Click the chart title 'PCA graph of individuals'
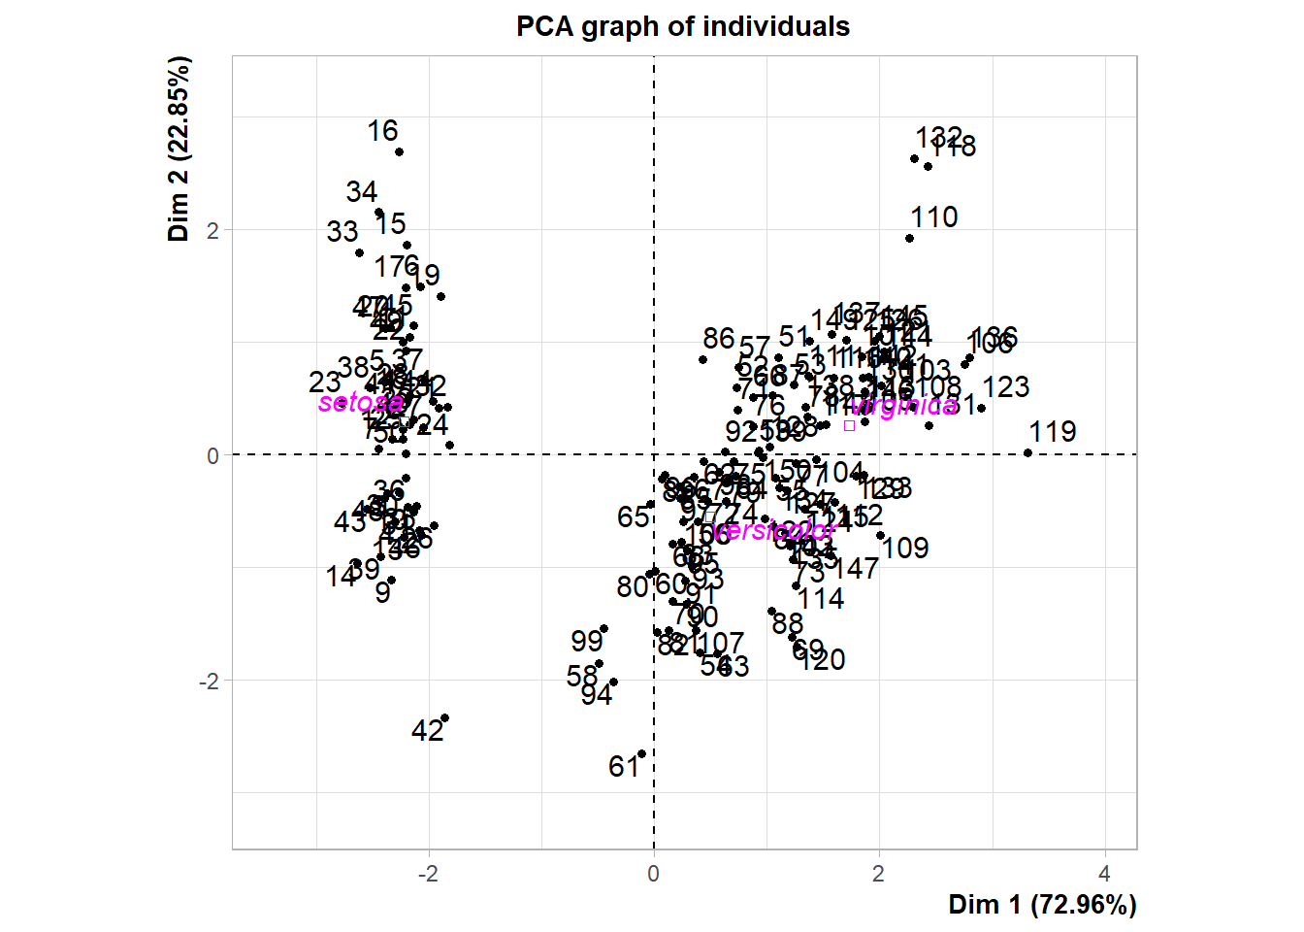[x=682, y=26]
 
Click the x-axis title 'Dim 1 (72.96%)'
[x=1042, y=905]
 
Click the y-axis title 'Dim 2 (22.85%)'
[x=179, y=149]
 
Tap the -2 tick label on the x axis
[x=428, y=873]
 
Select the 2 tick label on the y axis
[x=212, y=231]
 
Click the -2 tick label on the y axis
[x=209, y=682]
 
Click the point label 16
[x=382, y=131]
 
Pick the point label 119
[x=1053, y=432]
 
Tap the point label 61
[x=624, y=767]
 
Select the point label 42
[x=427, y=731]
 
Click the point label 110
[x=933, y=217]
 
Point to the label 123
[x=1005, y=387]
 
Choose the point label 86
[x=719, y=338]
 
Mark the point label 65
[x=633, y=517]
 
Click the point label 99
[x=587, y=642]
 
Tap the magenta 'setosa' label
[x=360, y=403]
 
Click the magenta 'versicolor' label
[x=774, y=531]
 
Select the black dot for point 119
[x=1028, y=453]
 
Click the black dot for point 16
[x=399, y=152]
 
